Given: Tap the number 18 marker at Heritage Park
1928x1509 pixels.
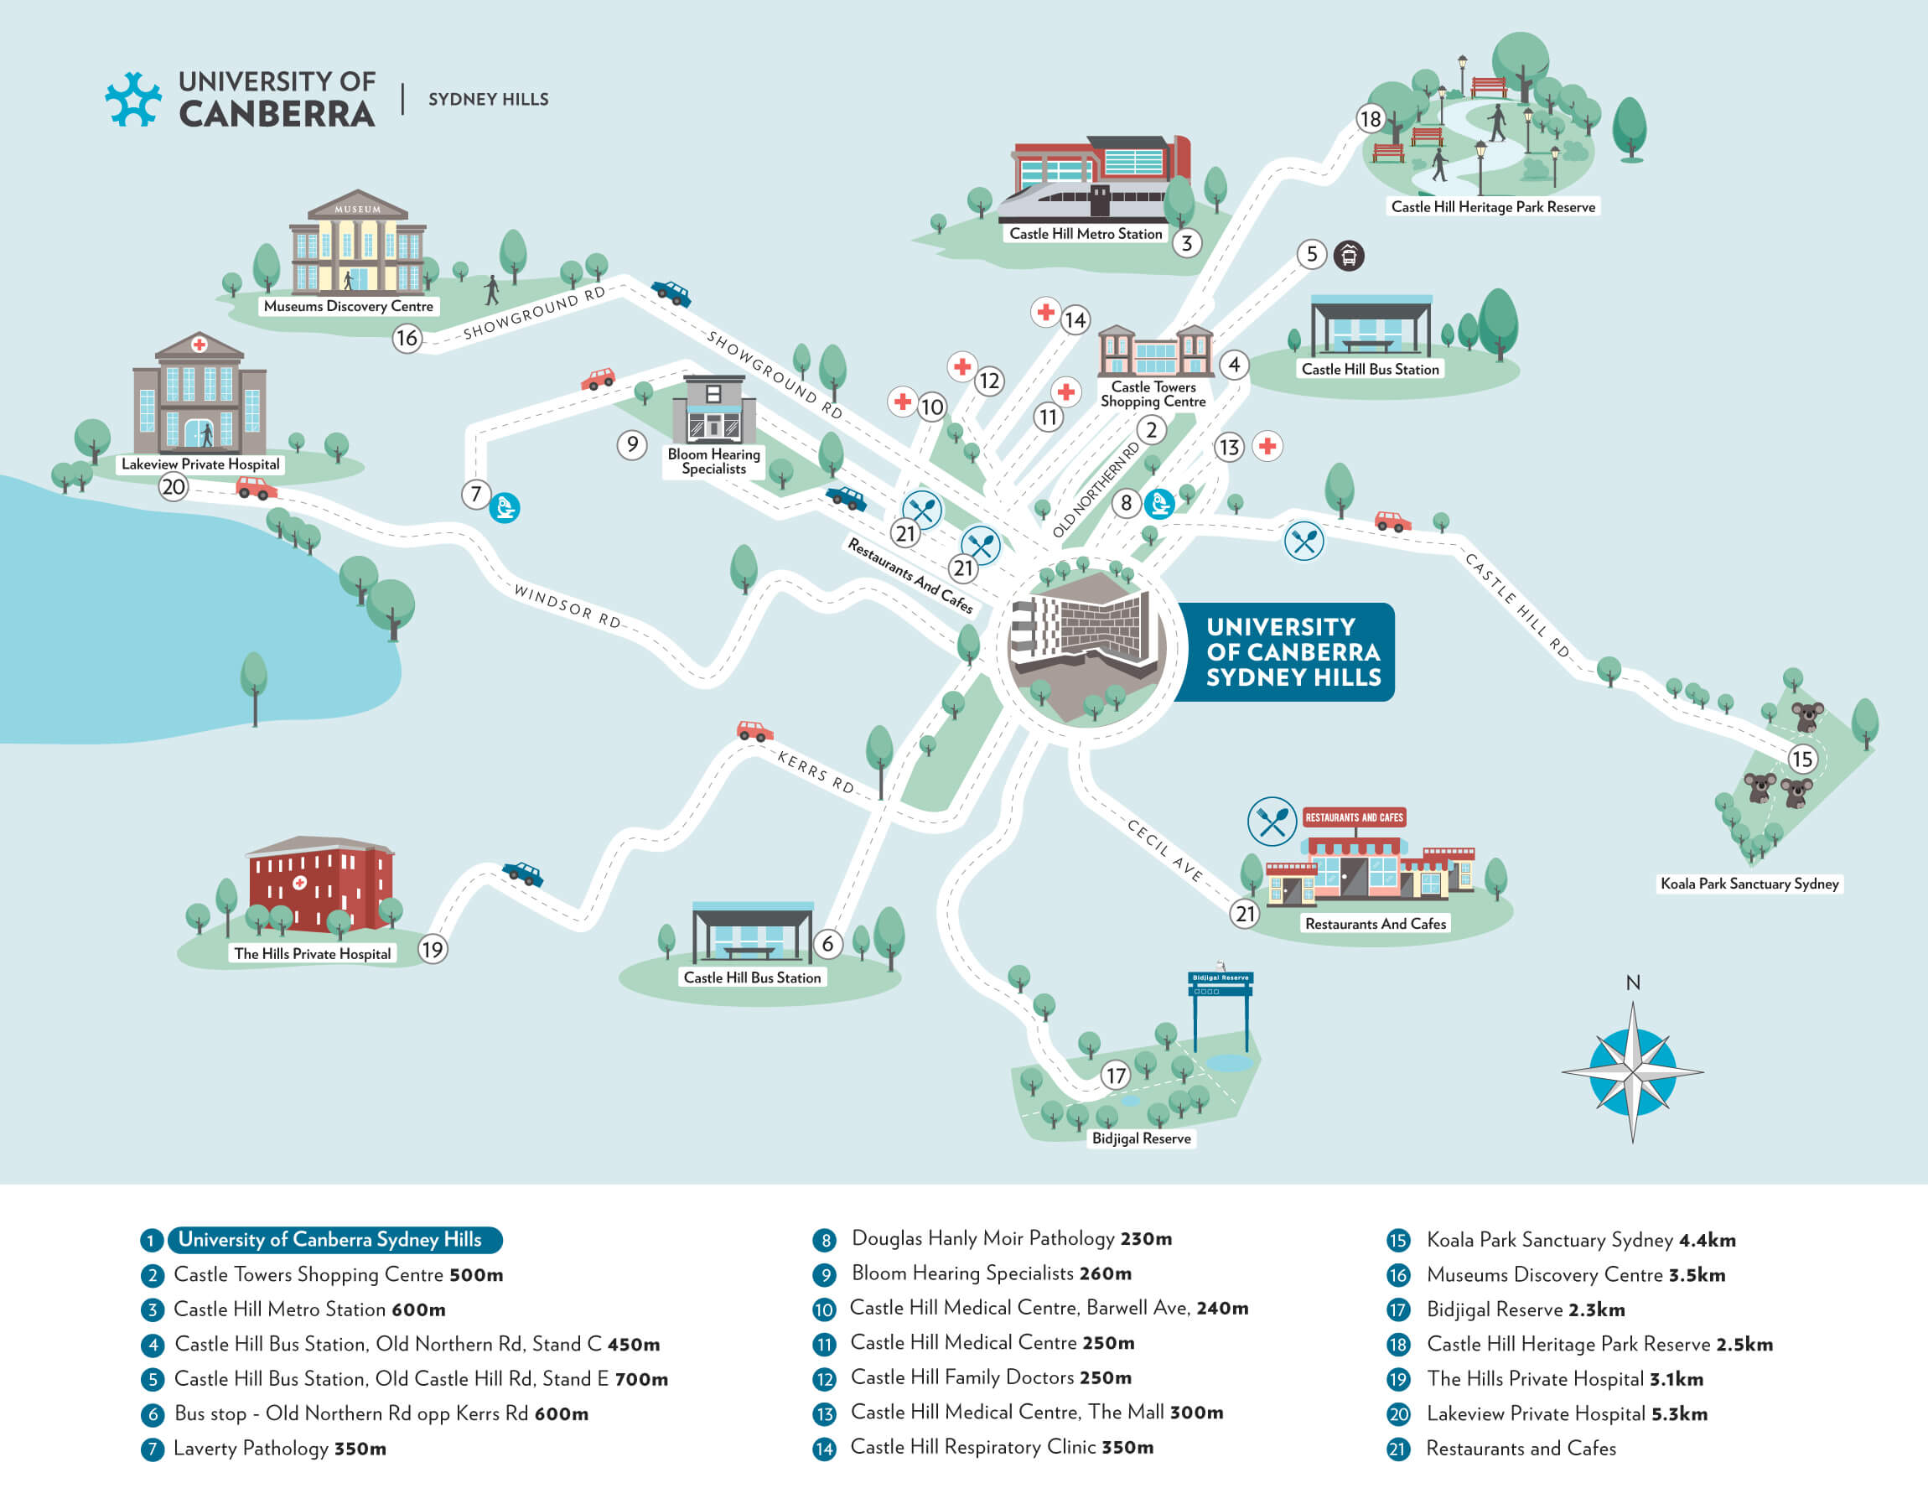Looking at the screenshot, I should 1370,118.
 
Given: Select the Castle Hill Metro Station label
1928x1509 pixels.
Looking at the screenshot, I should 1086,234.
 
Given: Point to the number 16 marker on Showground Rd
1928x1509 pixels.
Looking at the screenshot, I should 407,338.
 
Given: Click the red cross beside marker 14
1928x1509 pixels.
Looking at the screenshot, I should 1045,312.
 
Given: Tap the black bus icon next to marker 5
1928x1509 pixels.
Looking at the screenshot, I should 1348,256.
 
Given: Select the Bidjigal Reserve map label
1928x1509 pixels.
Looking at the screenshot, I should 1141,1138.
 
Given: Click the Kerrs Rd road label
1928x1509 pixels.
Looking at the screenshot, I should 815,772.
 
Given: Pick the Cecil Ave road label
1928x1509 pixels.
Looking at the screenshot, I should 1164,850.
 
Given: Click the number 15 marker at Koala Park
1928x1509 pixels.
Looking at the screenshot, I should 1801,759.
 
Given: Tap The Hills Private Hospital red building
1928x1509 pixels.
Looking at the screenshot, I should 319,884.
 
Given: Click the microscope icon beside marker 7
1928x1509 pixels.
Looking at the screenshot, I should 505,508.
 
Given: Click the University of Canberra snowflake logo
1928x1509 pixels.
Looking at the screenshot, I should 133,99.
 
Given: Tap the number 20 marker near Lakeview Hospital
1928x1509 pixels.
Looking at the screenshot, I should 174,487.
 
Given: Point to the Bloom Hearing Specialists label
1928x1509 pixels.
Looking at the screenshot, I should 713,461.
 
